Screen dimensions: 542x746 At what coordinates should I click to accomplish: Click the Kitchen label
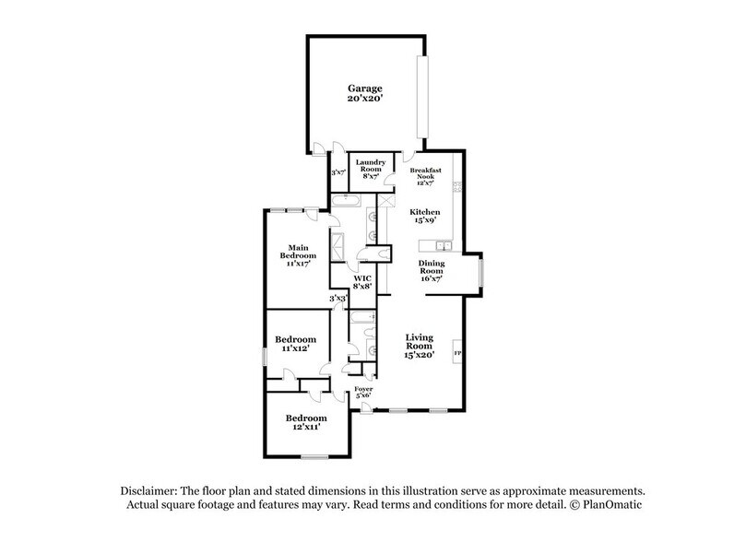tap(425, 212)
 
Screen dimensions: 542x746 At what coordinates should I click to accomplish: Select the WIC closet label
tap(362, 277)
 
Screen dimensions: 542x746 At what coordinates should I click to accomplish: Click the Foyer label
tap(364, 391)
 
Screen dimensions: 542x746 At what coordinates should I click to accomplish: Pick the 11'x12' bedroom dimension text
tap(297, 350)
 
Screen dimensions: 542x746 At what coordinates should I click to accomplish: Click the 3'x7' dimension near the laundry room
tap(337, 172)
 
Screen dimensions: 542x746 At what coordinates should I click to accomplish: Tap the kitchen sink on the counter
tap(443, 245)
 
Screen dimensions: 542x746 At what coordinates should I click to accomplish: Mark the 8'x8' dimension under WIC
tap(362, 288)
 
